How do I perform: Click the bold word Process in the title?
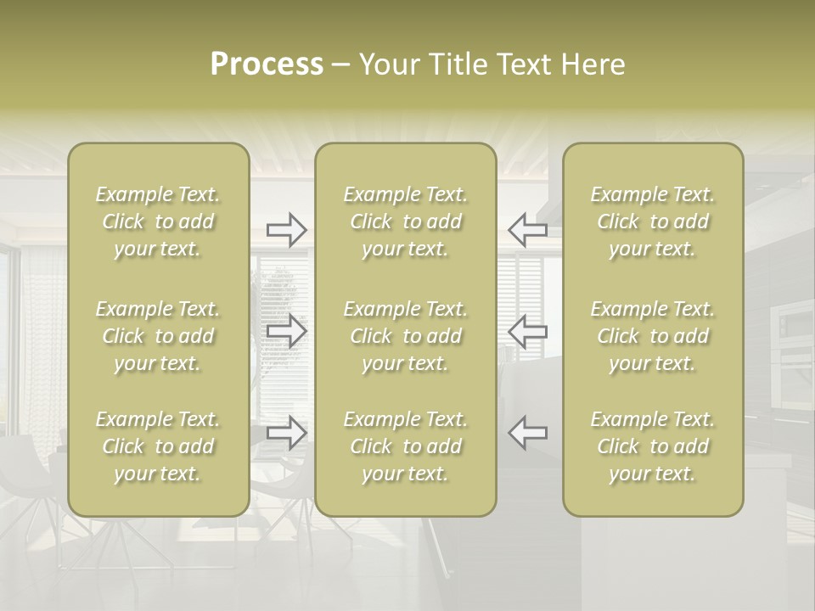point(267,64)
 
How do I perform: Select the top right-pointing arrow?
point(287,229)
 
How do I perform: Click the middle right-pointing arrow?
point(287,331)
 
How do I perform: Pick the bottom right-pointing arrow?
point(287,433)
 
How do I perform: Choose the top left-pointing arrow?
point(527,229)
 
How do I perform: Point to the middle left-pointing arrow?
point(527,331)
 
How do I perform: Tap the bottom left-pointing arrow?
point(527,433)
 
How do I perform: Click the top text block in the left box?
point(158,221)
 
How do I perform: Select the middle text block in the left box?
point(158,336)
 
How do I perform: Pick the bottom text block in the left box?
point(158,446)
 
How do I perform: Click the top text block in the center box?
point(406,221)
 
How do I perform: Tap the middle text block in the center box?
point(406,336)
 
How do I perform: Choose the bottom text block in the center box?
point(406,446)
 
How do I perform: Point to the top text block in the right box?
point(653,221)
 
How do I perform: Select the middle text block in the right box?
point(653,336)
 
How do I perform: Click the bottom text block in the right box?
point(653,446)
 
